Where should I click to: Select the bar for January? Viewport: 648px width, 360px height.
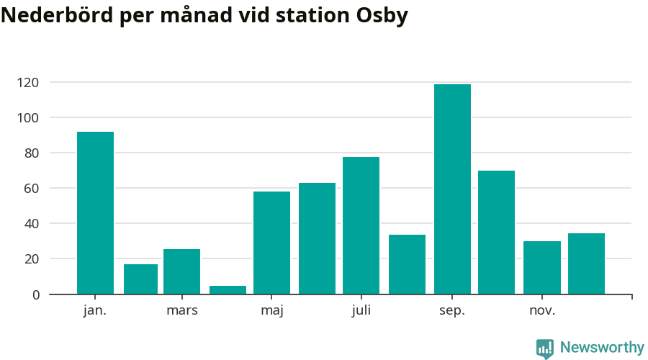(95, 213)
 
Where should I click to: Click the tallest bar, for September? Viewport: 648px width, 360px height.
(452, 189)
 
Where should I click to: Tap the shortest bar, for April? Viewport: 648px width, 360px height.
(228, 290)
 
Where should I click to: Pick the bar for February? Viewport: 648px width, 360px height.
(140, 279)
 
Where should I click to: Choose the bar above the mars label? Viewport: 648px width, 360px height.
(181, 271)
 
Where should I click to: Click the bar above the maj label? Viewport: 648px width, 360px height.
(271, 243)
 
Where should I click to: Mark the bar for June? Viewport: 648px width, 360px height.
(317, 238)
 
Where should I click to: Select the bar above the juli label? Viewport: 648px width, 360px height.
(361, 225)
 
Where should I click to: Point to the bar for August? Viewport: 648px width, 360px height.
(407, 264)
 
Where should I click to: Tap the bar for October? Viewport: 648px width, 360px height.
(496, 233)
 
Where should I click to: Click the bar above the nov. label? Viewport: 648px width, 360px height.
(541, 268)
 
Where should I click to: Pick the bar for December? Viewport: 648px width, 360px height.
(586, 264)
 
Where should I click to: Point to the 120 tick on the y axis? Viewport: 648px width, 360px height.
(30, 83)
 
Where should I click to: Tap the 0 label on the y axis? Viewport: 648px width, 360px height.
(36, 294)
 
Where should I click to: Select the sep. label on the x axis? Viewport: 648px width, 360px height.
(452, 311)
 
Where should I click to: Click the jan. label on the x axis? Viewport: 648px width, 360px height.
(95, 311)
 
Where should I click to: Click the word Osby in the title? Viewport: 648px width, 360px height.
(382, 16)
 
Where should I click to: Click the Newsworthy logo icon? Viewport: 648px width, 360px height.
(545, 348)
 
